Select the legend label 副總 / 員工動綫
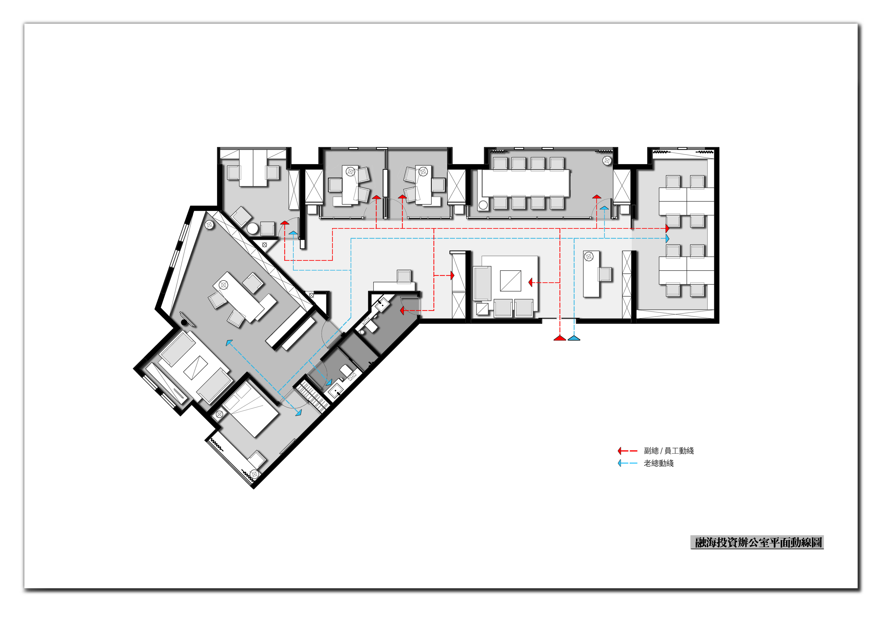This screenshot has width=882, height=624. click(x=669, y=451)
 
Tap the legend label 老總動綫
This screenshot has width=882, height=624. click(x=659, y=463)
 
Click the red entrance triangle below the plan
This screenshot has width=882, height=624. click(x=560, y=338)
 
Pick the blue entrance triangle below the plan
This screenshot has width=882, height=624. click(x=574, y=338)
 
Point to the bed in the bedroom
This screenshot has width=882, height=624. click(x=250, y=411)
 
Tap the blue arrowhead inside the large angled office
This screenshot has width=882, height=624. click(x=229, y=343)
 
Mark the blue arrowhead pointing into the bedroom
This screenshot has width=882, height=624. click(x=299, y=412)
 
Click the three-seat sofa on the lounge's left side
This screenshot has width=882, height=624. click(x=483, y=283)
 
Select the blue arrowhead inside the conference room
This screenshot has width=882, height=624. click(x=605, y=207)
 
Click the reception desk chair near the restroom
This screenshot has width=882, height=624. click(x=404, y=276)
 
